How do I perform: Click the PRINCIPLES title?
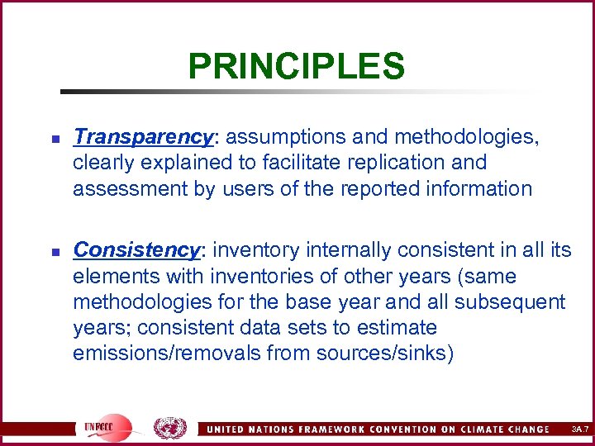(x=296, y=66)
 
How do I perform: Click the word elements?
(x=110, y=276)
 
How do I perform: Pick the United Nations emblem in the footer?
(x=170, y=427)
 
